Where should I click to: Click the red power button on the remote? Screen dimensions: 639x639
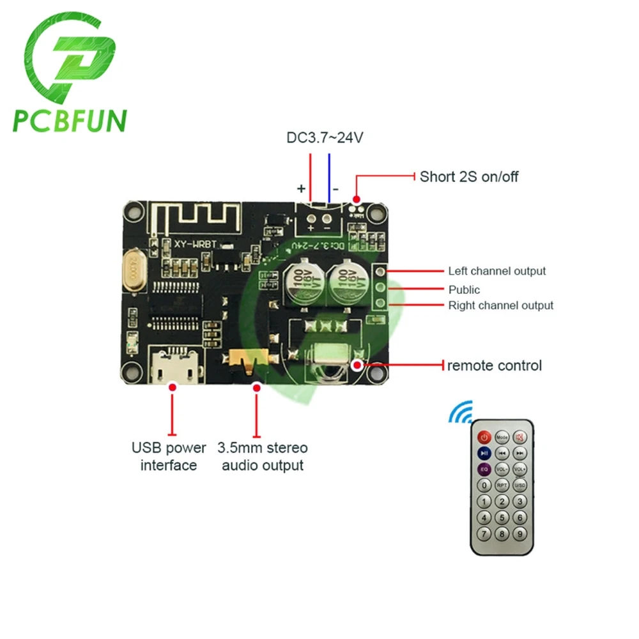(484, 438)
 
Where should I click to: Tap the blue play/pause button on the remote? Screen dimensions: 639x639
(484, 454)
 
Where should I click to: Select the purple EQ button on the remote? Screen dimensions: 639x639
(484, 470)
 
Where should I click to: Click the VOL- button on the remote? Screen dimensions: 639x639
(502, 470)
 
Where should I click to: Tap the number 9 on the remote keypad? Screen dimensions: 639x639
(521, 534)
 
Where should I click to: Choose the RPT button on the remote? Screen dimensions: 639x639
(502, 486)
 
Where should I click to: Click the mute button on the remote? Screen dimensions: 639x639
(520, 438)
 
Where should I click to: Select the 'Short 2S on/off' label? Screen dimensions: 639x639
(469, 176)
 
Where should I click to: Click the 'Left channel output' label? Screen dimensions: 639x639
(497, 271)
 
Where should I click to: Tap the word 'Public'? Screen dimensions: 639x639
(465, 289)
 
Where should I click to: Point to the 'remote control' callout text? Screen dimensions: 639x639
(494, 366)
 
